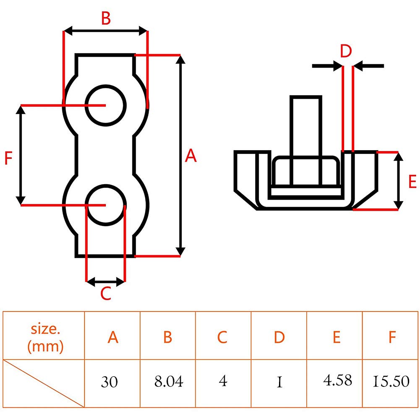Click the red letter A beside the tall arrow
(191, 156)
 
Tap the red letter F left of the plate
(8, 158)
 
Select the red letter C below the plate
(106, 293)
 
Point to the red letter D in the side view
(346, 51)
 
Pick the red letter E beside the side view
(412, 181)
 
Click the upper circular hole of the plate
(106, 105)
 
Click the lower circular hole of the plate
(106, 205)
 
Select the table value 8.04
(169, 381)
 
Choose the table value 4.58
(337, 381)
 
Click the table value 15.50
(391, 381)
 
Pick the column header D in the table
(279, 337)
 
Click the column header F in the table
(392, 337)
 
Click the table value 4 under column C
(223, 381)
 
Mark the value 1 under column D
(279, 382)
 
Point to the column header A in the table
(113, 337)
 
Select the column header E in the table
(337, 337)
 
